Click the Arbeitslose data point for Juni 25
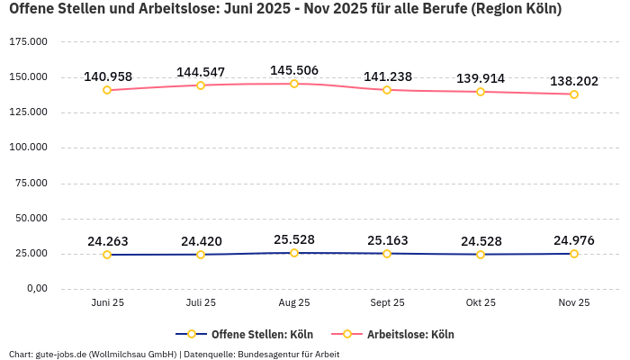pos(107,90)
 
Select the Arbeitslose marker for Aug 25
pos(294,84)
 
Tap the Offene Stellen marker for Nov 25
pos(574,254)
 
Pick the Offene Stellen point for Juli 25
pos(201,255)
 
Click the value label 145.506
pos(294,70)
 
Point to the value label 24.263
pos(107,241)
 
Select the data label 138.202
pos(574,81)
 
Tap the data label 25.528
pos(294,239)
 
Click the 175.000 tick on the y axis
pos(28,42)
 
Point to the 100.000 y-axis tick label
pos(28,148)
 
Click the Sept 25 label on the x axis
pos(387,303)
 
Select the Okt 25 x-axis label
pos(481,303)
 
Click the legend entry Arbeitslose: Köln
pos(409,335)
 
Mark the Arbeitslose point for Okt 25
pos(481,92)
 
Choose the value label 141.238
pos(388,76)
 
